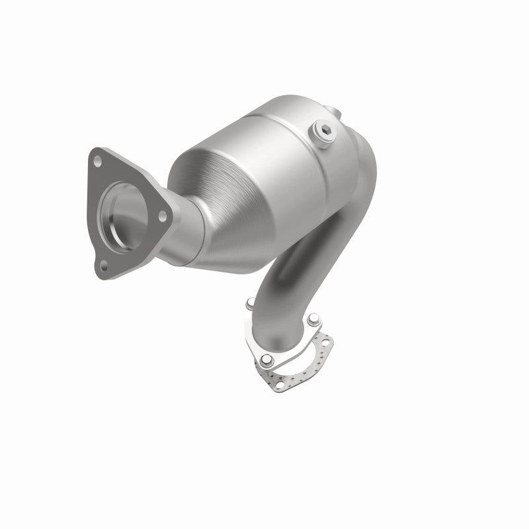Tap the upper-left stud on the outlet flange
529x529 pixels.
(249, 304)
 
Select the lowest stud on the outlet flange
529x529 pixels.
(265, 361)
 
